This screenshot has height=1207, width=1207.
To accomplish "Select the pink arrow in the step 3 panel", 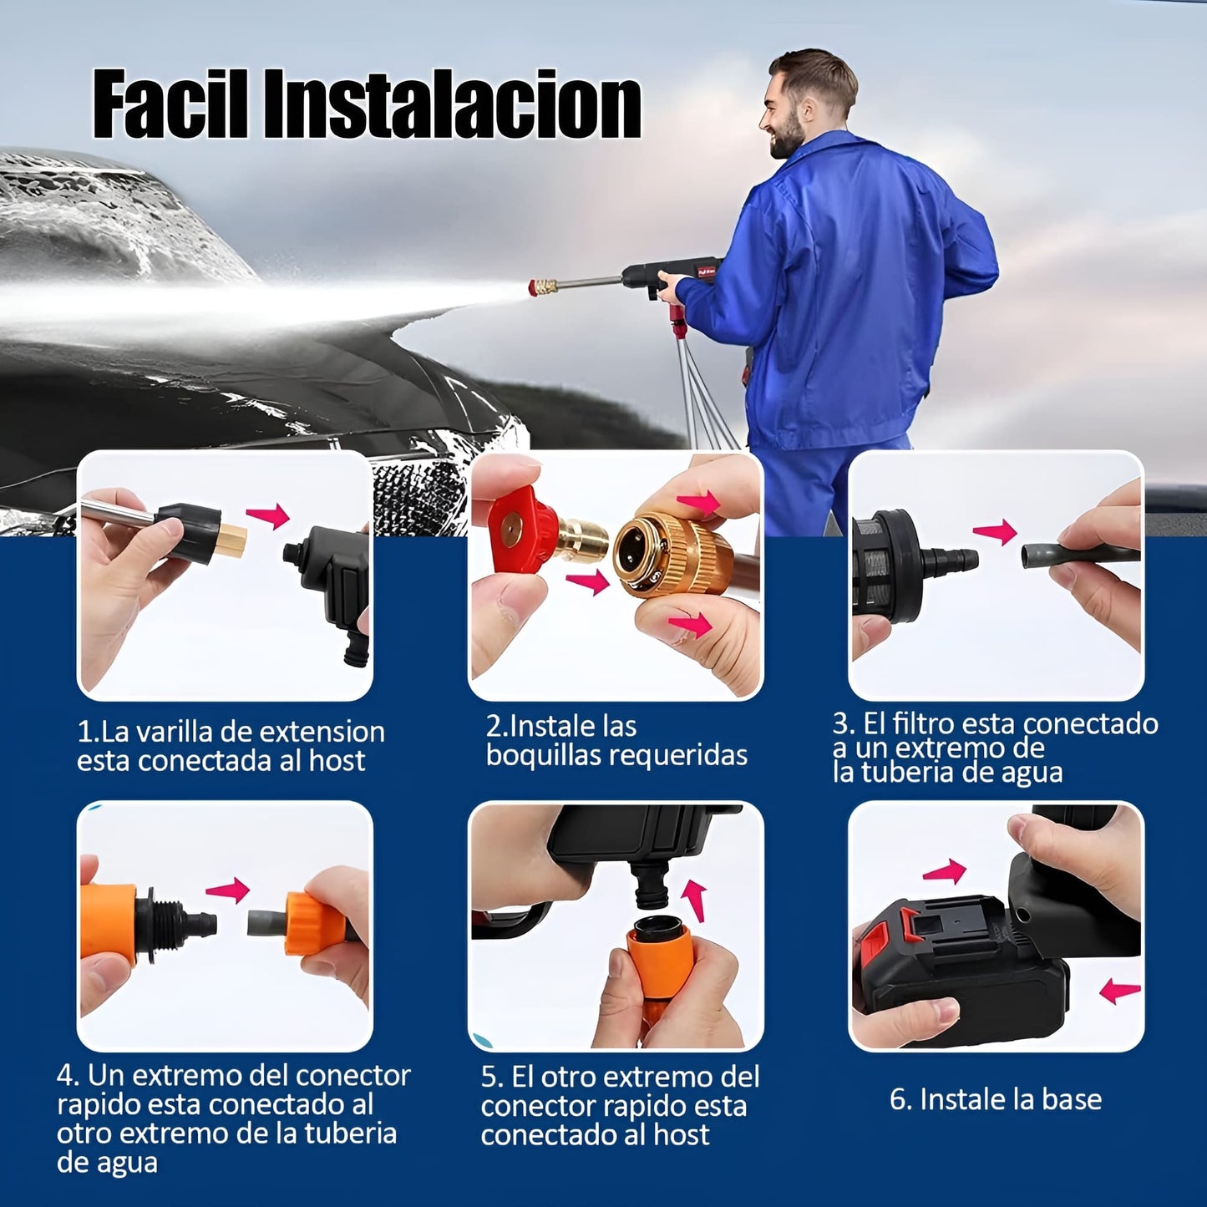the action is click(x=996, y=532).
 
